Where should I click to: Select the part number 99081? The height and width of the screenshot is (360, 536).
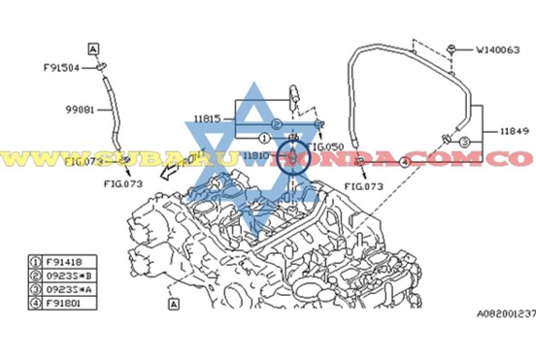79,110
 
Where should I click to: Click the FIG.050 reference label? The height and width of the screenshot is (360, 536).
326,146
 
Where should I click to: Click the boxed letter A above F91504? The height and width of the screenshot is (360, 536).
93,47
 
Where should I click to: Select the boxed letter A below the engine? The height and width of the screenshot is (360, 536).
172,304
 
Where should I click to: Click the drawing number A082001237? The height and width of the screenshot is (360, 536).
505,312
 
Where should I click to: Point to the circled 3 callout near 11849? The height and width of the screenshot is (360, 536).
464,143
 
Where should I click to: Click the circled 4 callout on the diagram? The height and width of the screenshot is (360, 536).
403,162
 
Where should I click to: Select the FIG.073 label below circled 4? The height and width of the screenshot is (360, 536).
365,183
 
